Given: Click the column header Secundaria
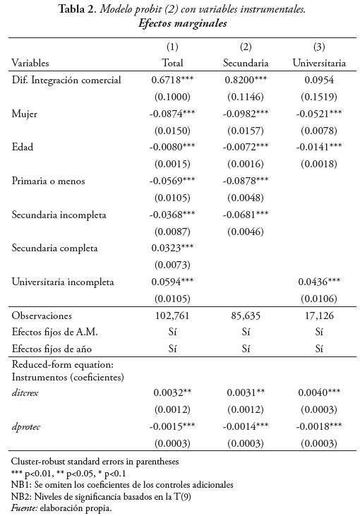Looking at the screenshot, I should [246, 63].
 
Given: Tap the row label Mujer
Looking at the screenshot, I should [25, 113].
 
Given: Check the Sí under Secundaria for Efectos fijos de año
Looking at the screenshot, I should [246, 348].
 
